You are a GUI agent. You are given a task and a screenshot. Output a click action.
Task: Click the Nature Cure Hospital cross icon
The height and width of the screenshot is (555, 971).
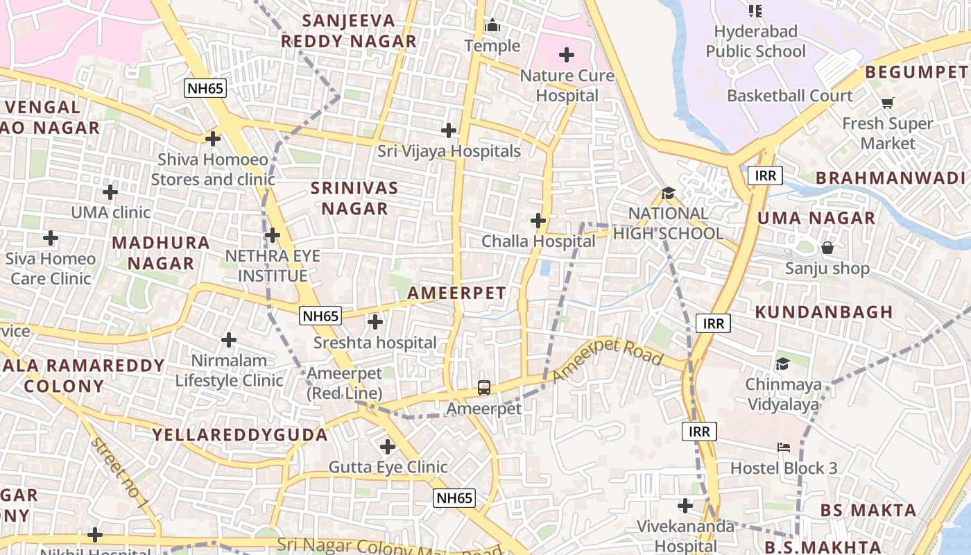point(567,54)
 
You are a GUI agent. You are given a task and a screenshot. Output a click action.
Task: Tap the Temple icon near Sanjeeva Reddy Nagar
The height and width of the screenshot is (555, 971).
point(492,26)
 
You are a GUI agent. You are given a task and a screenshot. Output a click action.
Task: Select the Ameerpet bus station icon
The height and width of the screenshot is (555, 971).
point(484,388)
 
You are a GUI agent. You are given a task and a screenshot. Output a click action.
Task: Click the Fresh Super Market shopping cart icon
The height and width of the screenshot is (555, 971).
point(887,103)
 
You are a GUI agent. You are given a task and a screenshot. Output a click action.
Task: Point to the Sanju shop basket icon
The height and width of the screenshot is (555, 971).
point(827,248)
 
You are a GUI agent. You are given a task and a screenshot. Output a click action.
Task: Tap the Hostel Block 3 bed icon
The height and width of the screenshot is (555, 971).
point(784,447)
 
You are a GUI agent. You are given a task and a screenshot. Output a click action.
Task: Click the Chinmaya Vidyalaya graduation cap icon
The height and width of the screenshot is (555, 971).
point(782,364)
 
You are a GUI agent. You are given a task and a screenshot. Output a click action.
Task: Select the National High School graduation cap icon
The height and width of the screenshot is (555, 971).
point(668,193)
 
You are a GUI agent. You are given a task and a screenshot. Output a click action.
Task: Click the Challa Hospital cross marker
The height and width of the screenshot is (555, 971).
point(538,221)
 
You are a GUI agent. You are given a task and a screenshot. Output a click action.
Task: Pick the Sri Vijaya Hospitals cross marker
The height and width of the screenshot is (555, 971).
point(449,130)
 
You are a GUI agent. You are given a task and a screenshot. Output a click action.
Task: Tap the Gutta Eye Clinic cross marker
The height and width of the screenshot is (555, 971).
point(388,446)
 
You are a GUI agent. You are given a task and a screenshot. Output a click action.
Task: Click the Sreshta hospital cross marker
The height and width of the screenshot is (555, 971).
point(375,322)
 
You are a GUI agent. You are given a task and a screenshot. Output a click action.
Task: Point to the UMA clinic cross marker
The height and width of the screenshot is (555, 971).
point(110,191)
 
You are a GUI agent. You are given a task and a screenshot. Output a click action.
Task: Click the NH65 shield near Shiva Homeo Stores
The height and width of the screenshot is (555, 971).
point(206,87)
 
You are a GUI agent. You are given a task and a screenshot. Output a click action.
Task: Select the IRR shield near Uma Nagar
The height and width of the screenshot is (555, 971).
point(765,176)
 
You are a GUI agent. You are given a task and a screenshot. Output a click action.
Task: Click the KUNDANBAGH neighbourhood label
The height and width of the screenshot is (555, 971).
point(824,312)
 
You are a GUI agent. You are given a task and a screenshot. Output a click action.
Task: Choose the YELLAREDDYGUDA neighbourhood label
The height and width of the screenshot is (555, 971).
point(240,435)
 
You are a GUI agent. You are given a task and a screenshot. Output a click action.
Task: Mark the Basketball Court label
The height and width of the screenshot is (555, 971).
point(789,96)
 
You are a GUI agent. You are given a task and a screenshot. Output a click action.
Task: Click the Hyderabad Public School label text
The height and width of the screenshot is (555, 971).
point(755,42)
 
